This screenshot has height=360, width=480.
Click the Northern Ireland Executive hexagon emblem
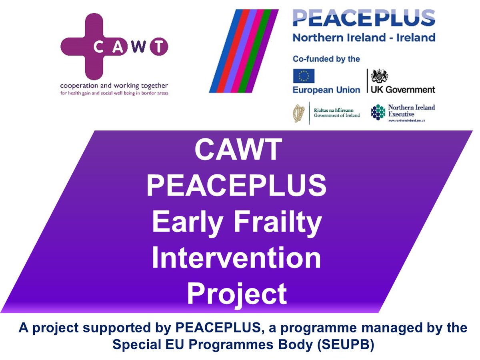(x=378, y=112)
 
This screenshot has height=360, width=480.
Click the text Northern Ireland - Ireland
(x=364, y=38)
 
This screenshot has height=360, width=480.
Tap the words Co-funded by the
(x=326, y=59)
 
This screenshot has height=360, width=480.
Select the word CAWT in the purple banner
(x=238, y=151)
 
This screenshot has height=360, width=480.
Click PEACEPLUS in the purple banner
(x=236, y=186)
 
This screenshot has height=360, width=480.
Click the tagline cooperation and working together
(x=114, y=86)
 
